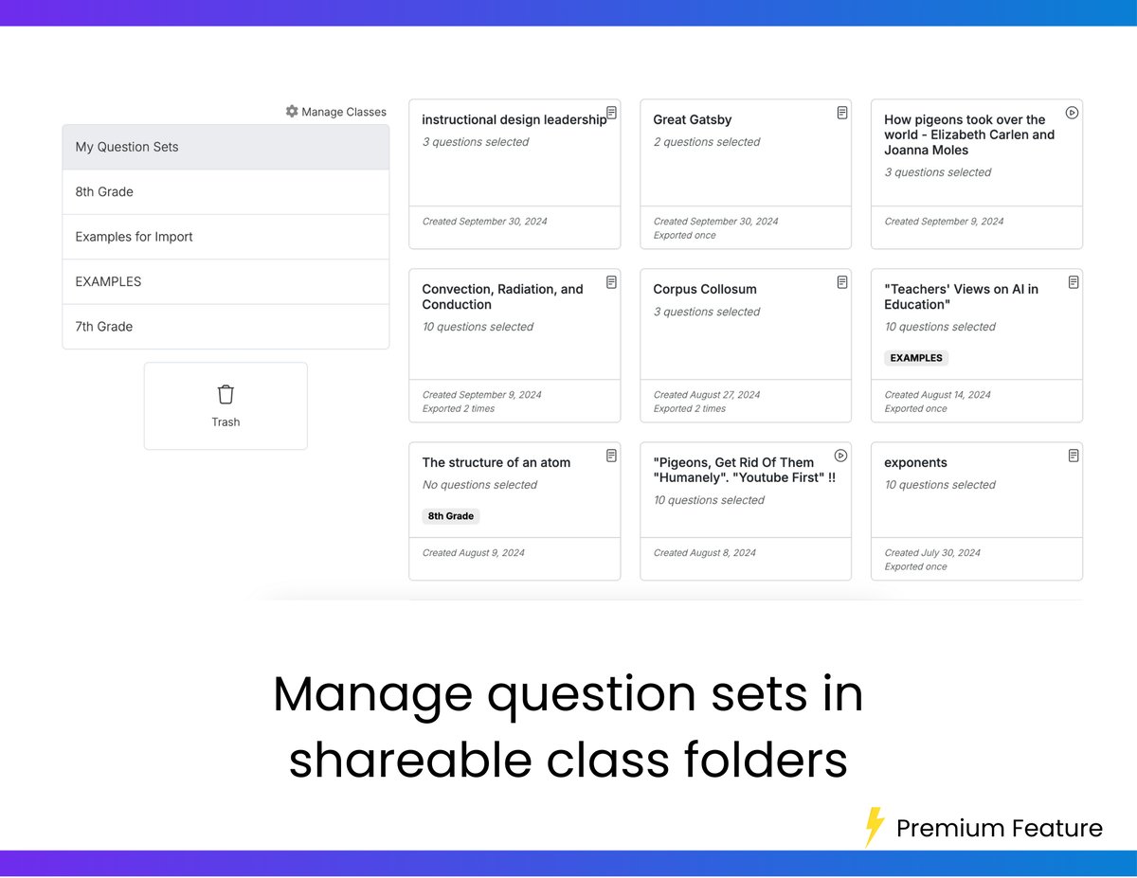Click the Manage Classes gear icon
[292, 112]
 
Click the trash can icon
[226, 395]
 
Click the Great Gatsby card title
[692, 119]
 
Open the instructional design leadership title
[514, 119]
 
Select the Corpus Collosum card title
[705, 289]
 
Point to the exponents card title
[915, 462]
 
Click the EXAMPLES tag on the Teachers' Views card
[916, 358]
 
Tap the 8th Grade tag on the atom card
[450, 516]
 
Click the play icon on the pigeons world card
[1073, 113]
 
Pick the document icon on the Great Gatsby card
[841, 113]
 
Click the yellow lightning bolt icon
[875, 827]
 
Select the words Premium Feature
[999, 829]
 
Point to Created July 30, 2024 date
[932, 552]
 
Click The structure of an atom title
[496, 462]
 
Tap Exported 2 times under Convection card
[459, 409]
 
